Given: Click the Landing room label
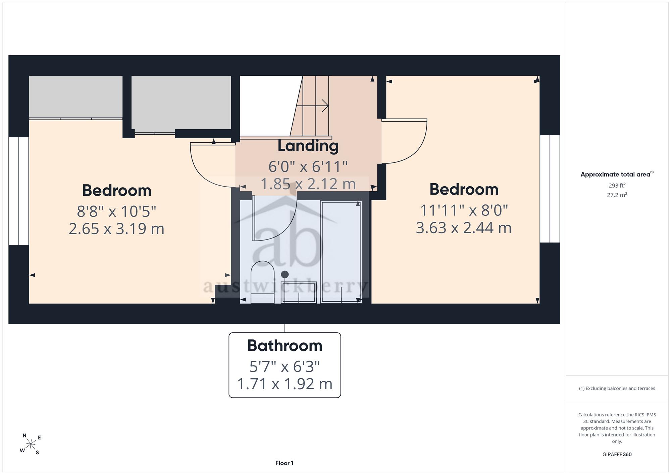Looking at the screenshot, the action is point(308,146).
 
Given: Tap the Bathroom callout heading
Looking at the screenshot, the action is point(285,345).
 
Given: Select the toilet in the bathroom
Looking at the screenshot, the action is point(263,282).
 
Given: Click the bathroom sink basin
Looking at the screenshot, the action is point(299,292).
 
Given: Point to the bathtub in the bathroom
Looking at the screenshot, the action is point(341,252).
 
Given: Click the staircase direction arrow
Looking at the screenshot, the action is point(312,106).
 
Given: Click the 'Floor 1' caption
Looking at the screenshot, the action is point(285,463).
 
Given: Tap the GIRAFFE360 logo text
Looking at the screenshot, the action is point(617,455).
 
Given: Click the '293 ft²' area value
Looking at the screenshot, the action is point(617,185).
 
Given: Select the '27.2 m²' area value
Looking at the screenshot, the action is point(617,195).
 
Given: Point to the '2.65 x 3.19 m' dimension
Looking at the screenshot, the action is point(116,229).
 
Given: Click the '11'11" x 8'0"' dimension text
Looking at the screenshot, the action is point(464,210).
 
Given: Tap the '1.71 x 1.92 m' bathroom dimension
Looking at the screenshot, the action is point(285,384).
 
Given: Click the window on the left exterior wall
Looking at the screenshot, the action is point(19,191).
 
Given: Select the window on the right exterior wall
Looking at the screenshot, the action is point(550,189).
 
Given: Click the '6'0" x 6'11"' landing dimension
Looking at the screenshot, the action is point(308,166).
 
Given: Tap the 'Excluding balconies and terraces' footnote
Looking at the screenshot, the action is point(617,389).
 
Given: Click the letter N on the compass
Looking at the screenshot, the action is point(24,435).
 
